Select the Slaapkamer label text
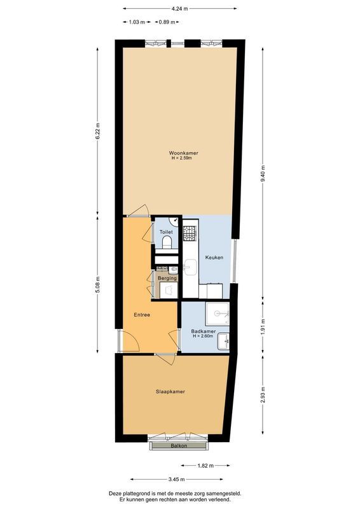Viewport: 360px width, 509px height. coord(170,391)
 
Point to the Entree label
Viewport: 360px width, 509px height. coord(141,315)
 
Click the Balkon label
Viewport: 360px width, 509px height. coord(179,446)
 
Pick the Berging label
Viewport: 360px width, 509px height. coord(167,278)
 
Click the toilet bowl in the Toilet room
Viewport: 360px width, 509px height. coord(166,243)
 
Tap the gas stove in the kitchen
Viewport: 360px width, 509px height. coord(190,234)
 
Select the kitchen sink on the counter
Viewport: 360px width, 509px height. coord(190,263)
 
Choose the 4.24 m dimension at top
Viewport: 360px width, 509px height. coord(179,8)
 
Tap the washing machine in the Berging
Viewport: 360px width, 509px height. coord(169,290)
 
